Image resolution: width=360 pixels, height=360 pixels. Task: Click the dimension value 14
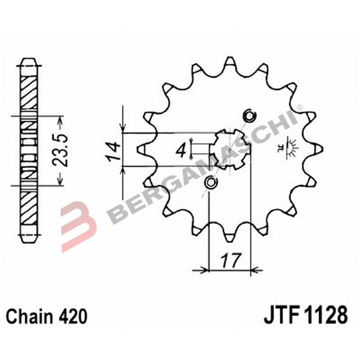pyautogui.click(x=112, y=151)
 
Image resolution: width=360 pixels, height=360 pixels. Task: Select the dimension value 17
pyautogui.click(x=230, y=260)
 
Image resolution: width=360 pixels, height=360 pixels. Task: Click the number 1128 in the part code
pyautogui.click(x=326, y=315)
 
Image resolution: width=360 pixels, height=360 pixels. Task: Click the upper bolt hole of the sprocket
pyautogui.click(x=248, y=117)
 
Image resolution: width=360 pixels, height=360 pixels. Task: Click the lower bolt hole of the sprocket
pyautogui.click(x=210, y=182)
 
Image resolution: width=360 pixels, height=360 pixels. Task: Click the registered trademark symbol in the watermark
pyautogui.click(x=299, y=108)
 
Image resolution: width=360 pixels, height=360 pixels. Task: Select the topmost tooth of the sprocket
pyautogui.click(x=229, y=63)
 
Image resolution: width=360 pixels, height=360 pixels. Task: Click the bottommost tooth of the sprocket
pyautogui.click(x=229, y=234)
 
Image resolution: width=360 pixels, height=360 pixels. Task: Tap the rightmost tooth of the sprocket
pyautogui.click(x=317, y=148)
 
